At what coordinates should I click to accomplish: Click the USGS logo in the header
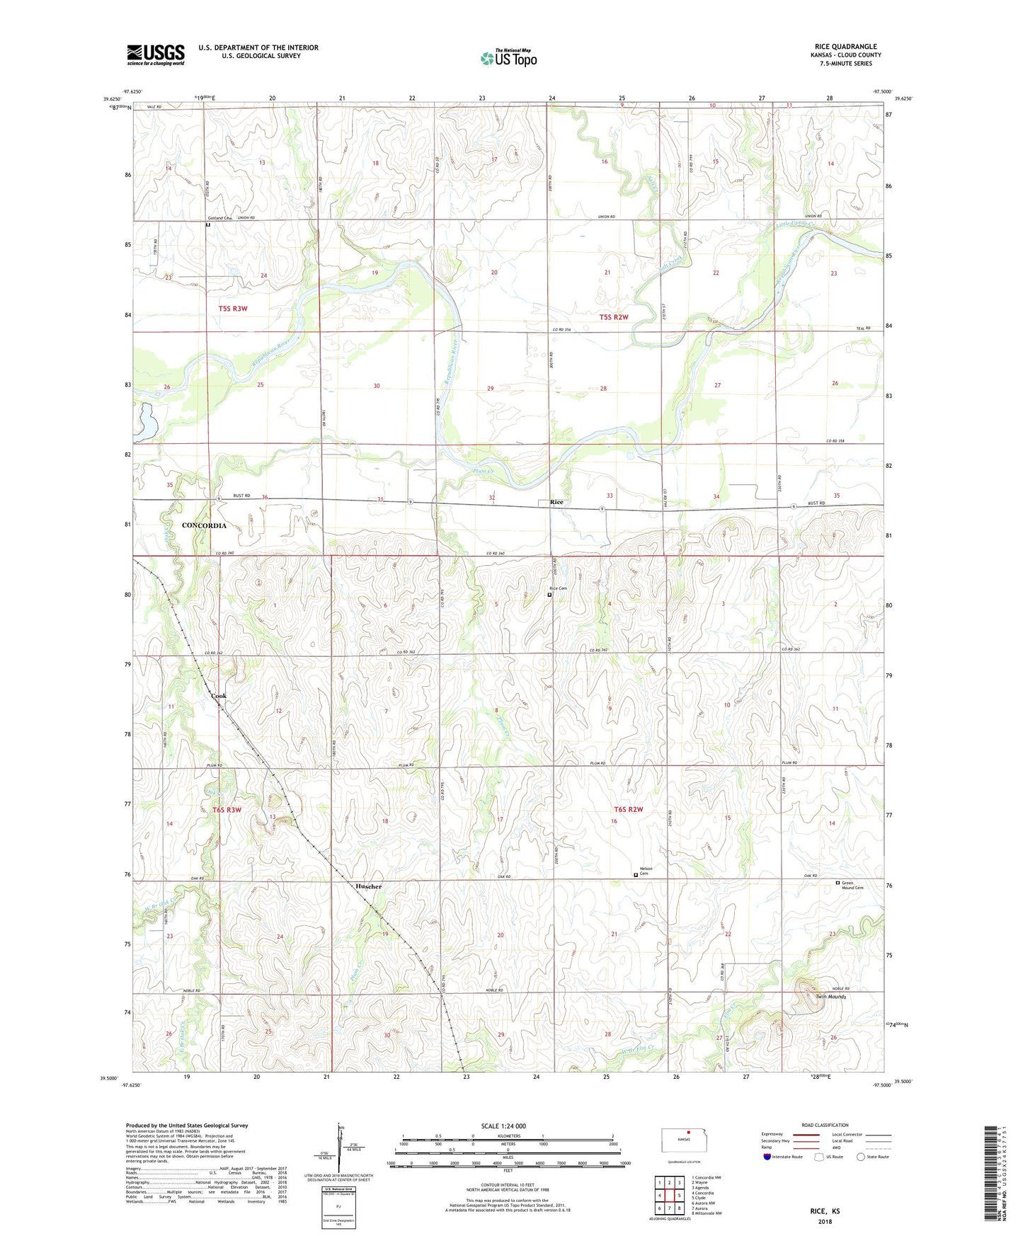156,55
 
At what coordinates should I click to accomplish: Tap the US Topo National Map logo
508,57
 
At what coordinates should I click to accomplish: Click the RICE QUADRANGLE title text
845,46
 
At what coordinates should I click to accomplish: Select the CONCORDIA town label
204,525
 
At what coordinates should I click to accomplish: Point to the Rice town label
557,502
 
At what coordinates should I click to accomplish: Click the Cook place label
219,696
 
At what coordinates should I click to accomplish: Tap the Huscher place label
368,886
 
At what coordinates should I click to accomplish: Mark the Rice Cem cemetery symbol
549,595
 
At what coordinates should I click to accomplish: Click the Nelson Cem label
646,871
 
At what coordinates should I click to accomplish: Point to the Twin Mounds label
830,997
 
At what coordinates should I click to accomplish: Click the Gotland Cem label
219,218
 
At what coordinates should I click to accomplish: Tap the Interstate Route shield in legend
768,1157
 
